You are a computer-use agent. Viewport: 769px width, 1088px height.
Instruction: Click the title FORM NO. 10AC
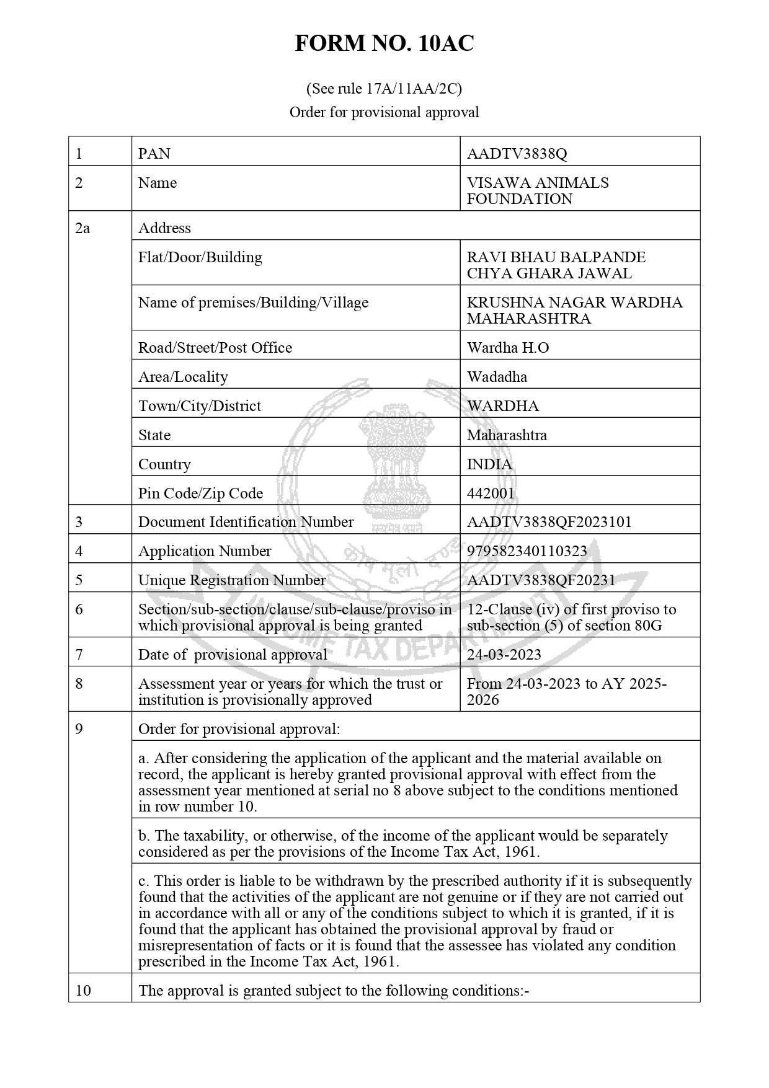(x=384, y=43)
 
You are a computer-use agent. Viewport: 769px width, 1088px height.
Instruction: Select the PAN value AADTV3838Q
(x=517, y=154)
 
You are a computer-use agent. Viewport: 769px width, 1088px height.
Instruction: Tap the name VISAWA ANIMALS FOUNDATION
(x=537, y=191)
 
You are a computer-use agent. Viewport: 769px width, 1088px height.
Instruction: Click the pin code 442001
(x=491, y=493)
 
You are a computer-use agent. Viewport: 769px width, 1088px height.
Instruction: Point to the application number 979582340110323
(x=527, y=551)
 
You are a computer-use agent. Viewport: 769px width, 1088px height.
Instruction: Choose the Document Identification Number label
(x=246, y=522)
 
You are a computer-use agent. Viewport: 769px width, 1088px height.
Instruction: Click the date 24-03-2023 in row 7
(x=504, y=655)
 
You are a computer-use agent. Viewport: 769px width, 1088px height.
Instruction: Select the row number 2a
(x=82, y=228)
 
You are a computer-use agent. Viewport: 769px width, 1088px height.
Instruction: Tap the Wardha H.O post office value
(x=507, y=348)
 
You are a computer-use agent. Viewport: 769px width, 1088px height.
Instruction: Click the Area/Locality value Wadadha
(x=497, y=377)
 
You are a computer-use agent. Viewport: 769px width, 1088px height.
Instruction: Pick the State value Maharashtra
(x=507, y=435)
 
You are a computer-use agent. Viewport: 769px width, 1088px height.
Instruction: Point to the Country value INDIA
(x=489, y=464)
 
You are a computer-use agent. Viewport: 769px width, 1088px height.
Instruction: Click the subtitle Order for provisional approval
(x=384, y=112)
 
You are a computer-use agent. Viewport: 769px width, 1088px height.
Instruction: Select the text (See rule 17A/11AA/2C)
(x=384, y=89)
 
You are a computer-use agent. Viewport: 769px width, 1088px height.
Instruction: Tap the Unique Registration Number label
(x=231, y=580)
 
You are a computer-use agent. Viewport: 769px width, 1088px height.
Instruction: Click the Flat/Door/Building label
(x=200, y=257)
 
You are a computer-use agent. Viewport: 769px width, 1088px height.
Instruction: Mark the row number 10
(x=83, y=991)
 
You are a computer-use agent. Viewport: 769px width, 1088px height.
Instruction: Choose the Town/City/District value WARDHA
(x=502, y=406)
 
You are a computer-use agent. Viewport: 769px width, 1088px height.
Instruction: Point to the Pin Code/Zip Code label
(x=200, y=493)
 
